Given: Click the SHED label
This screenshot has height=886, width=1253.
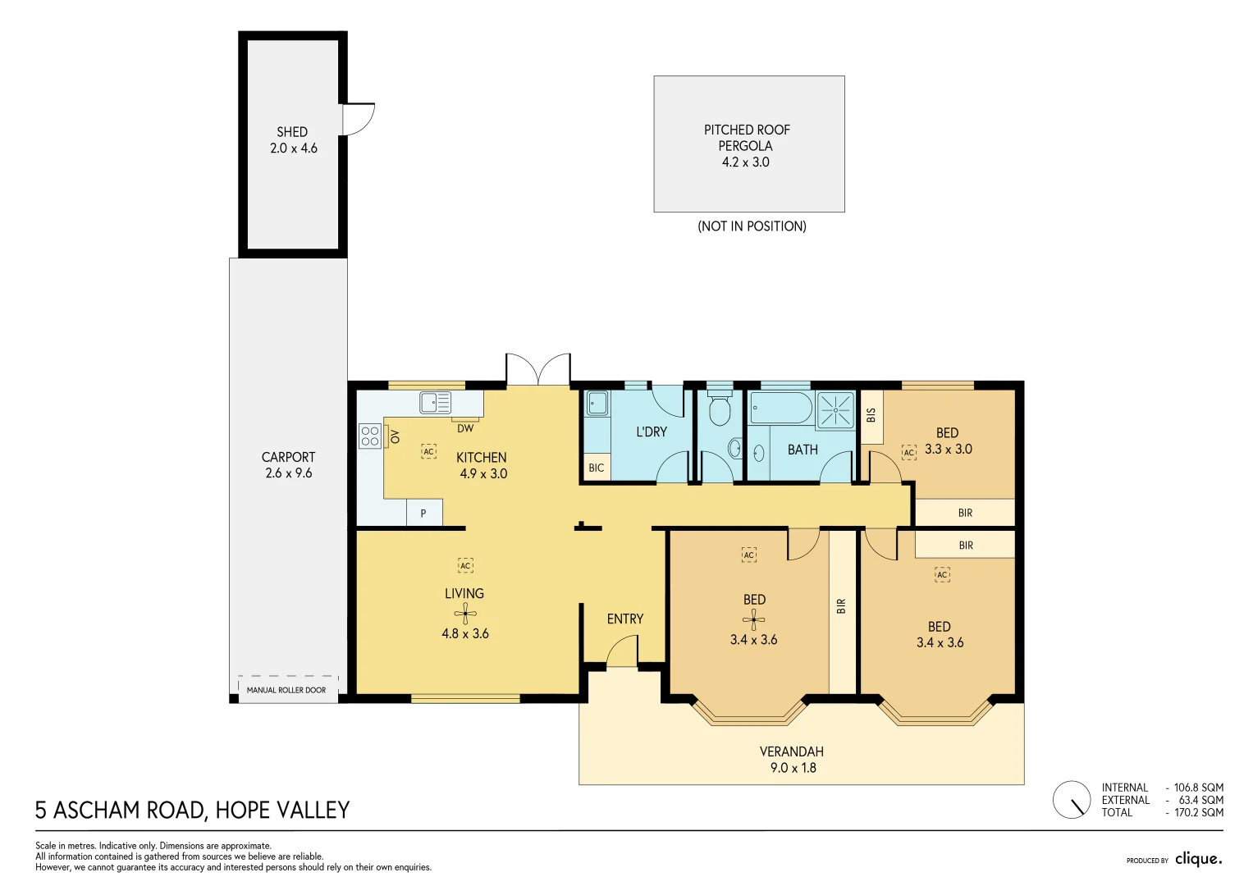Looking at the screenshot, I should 292,132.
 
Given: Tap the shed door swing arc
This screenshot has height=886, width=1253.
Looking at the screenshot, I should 359,120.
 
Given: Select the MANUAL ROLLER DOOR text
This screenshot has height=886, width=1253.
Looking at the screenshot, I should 286,690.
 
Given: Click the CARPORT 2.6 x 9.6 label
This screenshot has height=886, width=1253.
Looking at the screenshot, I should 288,464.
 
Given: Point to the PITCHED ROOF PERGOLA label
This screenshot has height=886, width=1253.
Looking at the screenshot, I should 747,138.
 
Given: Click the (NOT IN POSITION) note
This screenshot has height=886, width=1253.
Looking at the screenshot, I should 752,226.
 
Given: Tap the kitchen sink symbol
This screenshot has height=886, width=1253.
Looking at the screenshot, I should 435,402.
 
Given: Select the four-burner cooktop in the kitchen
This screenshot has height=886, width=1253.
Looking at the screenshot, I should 369,436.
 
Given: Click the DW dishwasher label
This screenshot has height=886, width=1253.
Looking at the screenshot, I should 465,428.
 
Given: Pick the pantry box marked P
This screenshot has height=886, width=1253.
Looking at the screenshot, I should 423,513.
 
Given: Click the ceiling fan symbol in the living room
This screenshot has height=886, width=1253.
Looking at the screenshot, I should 465,613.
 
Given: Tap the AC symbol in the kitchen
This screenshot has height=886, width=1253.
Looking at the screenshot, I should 428,451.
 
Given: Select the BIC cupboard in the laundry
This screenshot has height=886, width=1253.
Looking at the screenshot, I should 597,468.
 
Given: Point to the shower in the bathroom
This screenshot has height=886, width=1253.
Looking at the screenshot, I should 835,409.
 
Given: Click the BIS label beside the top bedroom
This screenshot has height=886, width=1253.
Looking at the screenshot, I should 871,416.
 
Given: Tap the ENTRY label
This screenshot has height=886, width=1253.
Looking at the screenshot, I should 624,619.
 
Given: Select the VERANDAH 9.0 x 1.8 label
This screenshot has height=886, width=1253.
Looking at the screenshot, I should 792,760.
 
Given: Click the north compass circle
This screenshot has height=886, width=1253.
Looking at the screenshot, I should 1072,800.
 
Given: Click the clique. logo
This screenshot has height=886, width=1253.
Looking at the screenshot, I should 1198,859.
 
